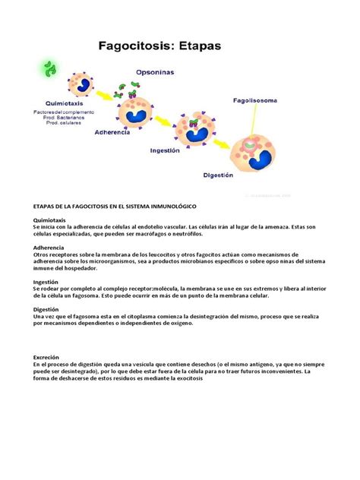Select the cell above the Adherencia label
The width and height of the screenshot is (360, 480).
point(134,108)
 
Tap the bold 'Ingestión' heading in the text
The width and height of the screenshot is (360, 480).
point(46,282)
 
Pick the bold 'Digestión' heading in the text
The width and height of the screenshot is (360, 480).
point(46,310)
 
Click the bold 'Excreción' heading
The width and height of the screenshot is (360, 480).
point(46,357)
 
